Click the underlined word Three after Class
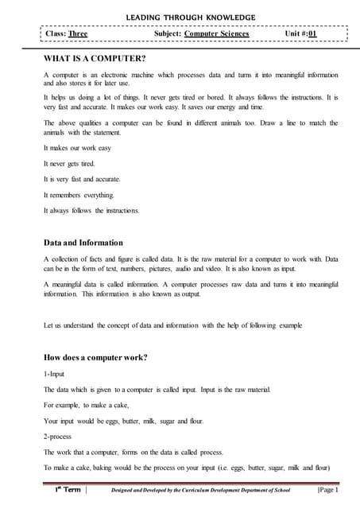[78, 34]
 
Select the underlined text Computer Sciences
[216, 34]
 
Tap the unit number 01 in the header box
[312, 34]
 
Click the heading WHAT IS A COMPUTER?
[95, 59]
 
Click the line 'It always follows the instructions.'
[91, 211]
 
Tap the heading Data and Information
[83, 243]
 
